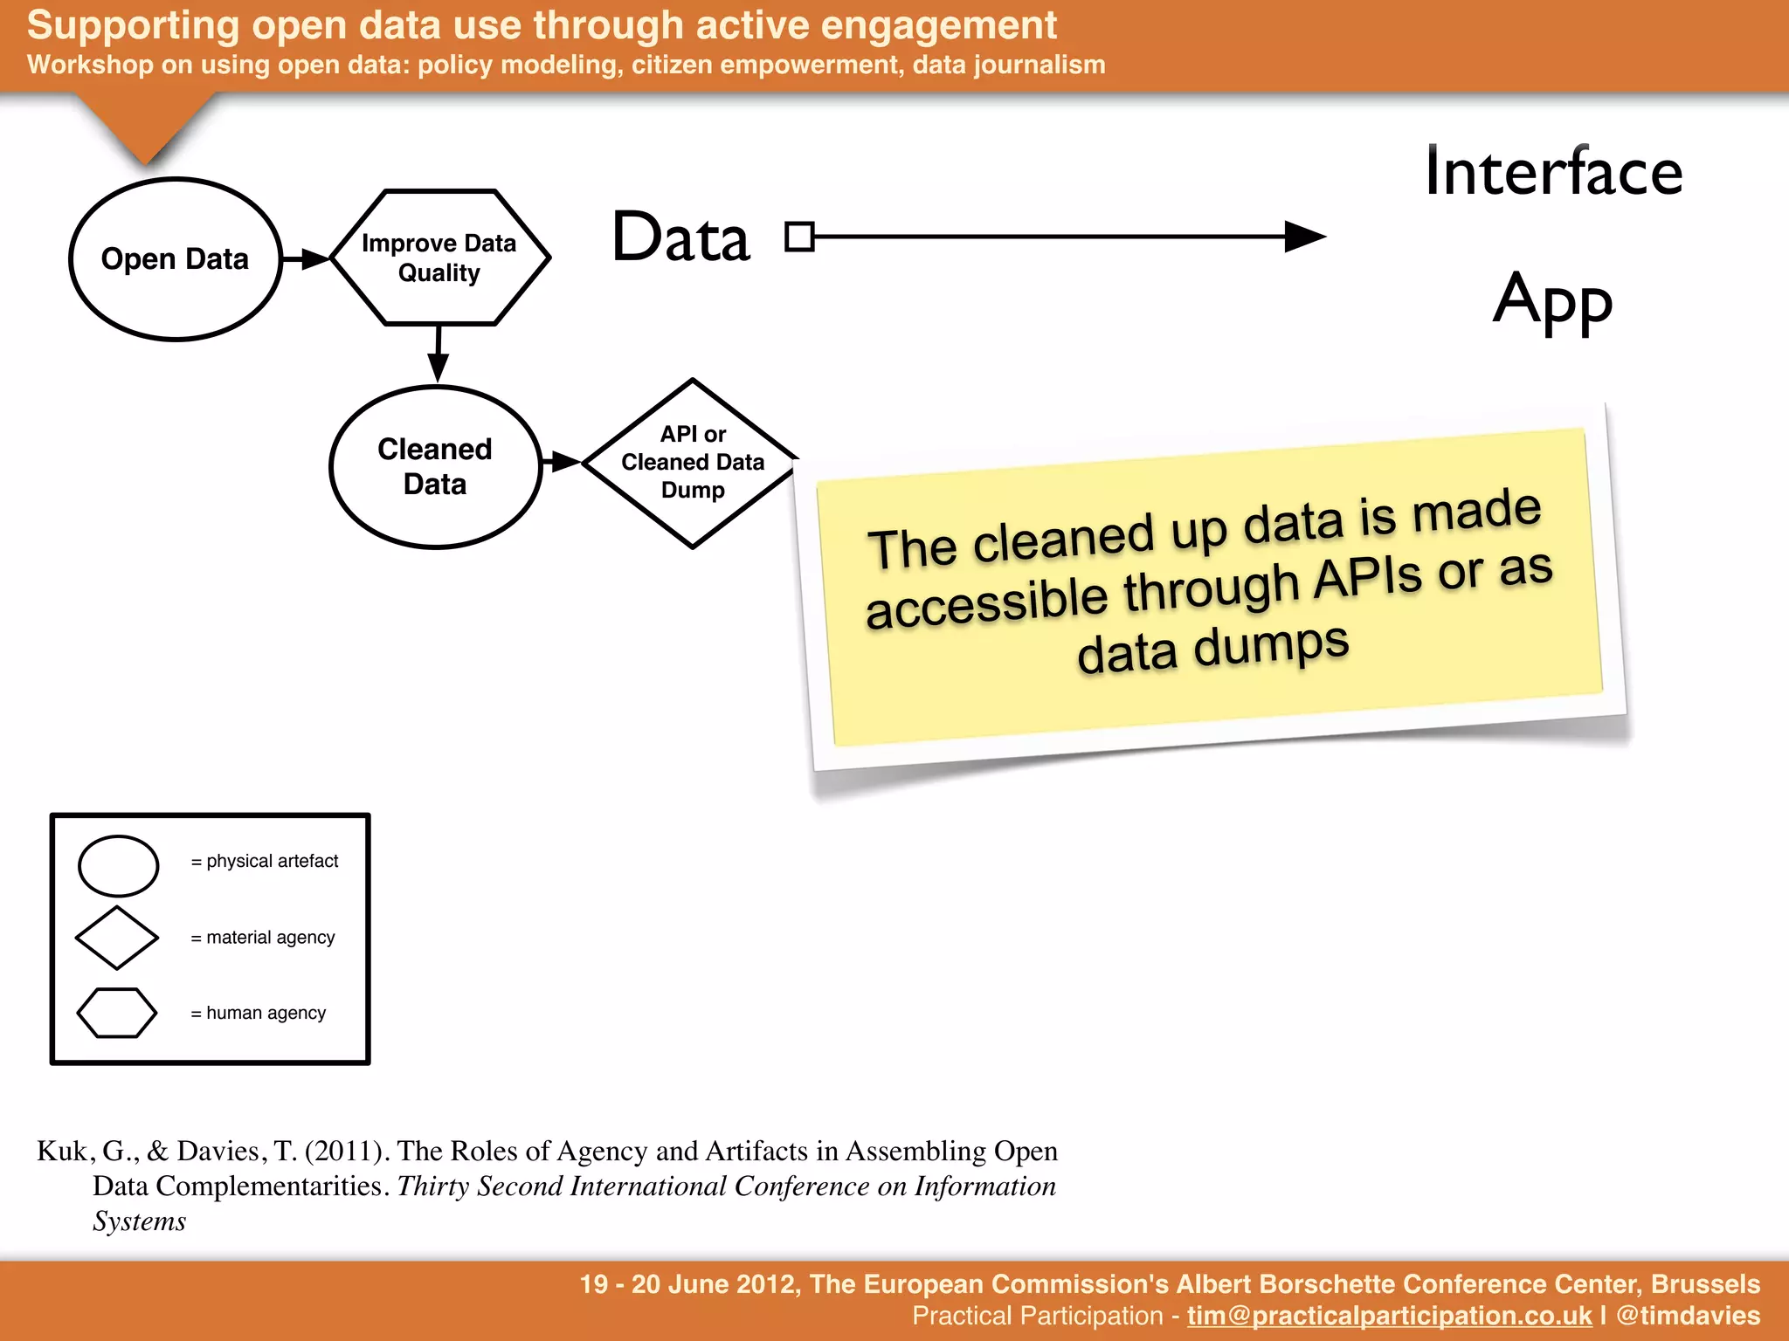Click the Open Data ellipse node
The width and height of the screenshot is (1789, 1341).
click(x=175, y=259)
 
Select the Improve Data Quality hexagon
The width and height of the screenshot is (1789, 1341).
click(x=439, y=258)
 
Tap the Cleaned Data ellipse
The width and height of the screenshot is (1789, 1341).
click(x=435, y=467)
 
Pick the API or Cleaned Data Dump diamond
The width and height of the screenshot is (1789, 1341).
click(x=692, y=463)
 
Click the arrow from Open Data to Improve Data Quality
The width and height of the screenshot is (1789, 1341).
click(x=305, y=258)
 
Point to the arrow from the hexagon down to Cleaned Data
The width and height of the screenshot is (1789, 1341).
click(x=438, y=354)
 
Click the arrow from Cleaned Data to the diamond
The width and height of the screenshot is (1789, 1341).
click(x=561, y=462)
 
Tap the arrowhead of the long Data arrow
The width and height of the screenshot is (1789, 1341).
click(x=1305, y=237)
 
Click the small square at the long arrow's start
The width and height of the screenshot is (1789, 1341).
click(x=798, y=237)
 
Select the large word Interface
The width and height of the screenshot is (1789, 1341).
click(x=1552, y=172)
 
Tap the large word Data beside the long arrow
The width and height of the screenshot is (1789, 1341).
click(x=680, y=237)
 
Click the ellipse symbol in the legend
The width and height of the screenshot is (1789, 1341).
click(x=118, y=865)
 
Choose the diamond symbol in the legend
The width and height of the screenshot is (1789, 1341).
click(x=117, y=938)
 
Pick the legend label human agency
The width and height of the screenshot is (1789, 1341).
click(x=266, y=1013)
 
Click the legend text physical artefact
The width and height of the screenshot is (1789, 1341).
click(x=272, y=861)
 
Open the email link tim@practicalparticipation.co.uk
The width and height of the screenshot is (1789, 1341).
click(x=1389, y=1316)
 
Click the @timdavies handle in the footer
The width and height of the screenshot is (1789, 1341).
click(x=1688, y=1316)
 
